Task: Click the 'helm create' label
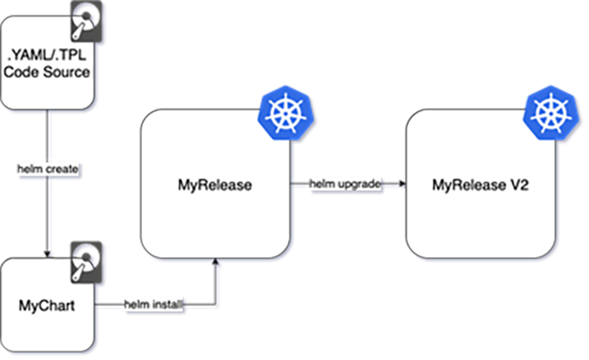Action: [x=49, y=170]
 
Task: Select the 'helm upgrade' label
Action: [x=347, y=183]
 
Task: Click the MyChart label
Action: [x=46, y=304]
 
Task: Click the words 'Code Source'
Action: [x=46, y=73]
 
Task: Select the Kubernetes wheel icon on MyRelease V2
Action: [x=549, y=114]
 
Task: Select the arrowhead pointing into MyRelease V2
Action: [x=401, y=189]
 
